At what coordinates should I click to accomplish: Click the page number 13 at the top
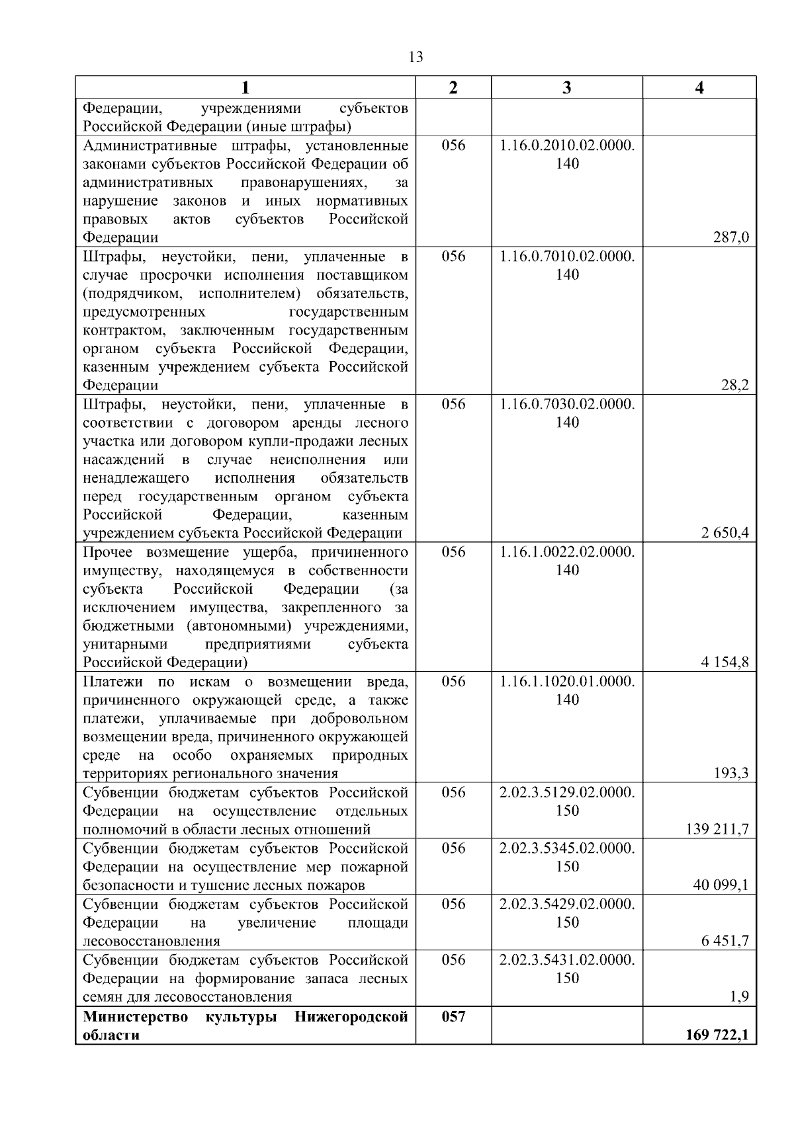(416, 57)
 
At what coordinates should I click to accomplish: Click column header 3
(566, 88)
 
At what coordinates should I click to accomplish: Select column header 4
(699, 88)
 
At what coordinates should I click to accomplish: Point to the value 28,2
(734, 386)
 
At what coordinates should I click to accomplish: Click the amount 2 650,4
(725, 534)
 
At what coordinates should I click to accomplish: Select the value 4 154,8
(725, 662)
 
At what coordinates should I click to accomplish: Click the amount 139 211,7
(717, 829)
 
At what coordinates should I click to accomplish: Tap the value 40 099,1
(721, 885)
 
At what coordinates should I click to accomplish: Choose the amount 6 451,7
(725, 941)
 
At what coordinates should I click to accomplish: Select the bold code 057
(453, 1017)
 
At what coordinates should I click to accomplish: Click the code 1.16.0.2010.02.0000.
(567, 145)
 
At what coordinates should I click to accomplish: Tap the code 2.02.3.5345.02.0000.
(567, 848)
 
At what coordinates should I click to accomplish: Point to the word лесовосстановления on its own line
(152, 941)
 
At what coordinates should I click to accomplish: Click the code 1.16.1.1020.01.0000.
(567, 682)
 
